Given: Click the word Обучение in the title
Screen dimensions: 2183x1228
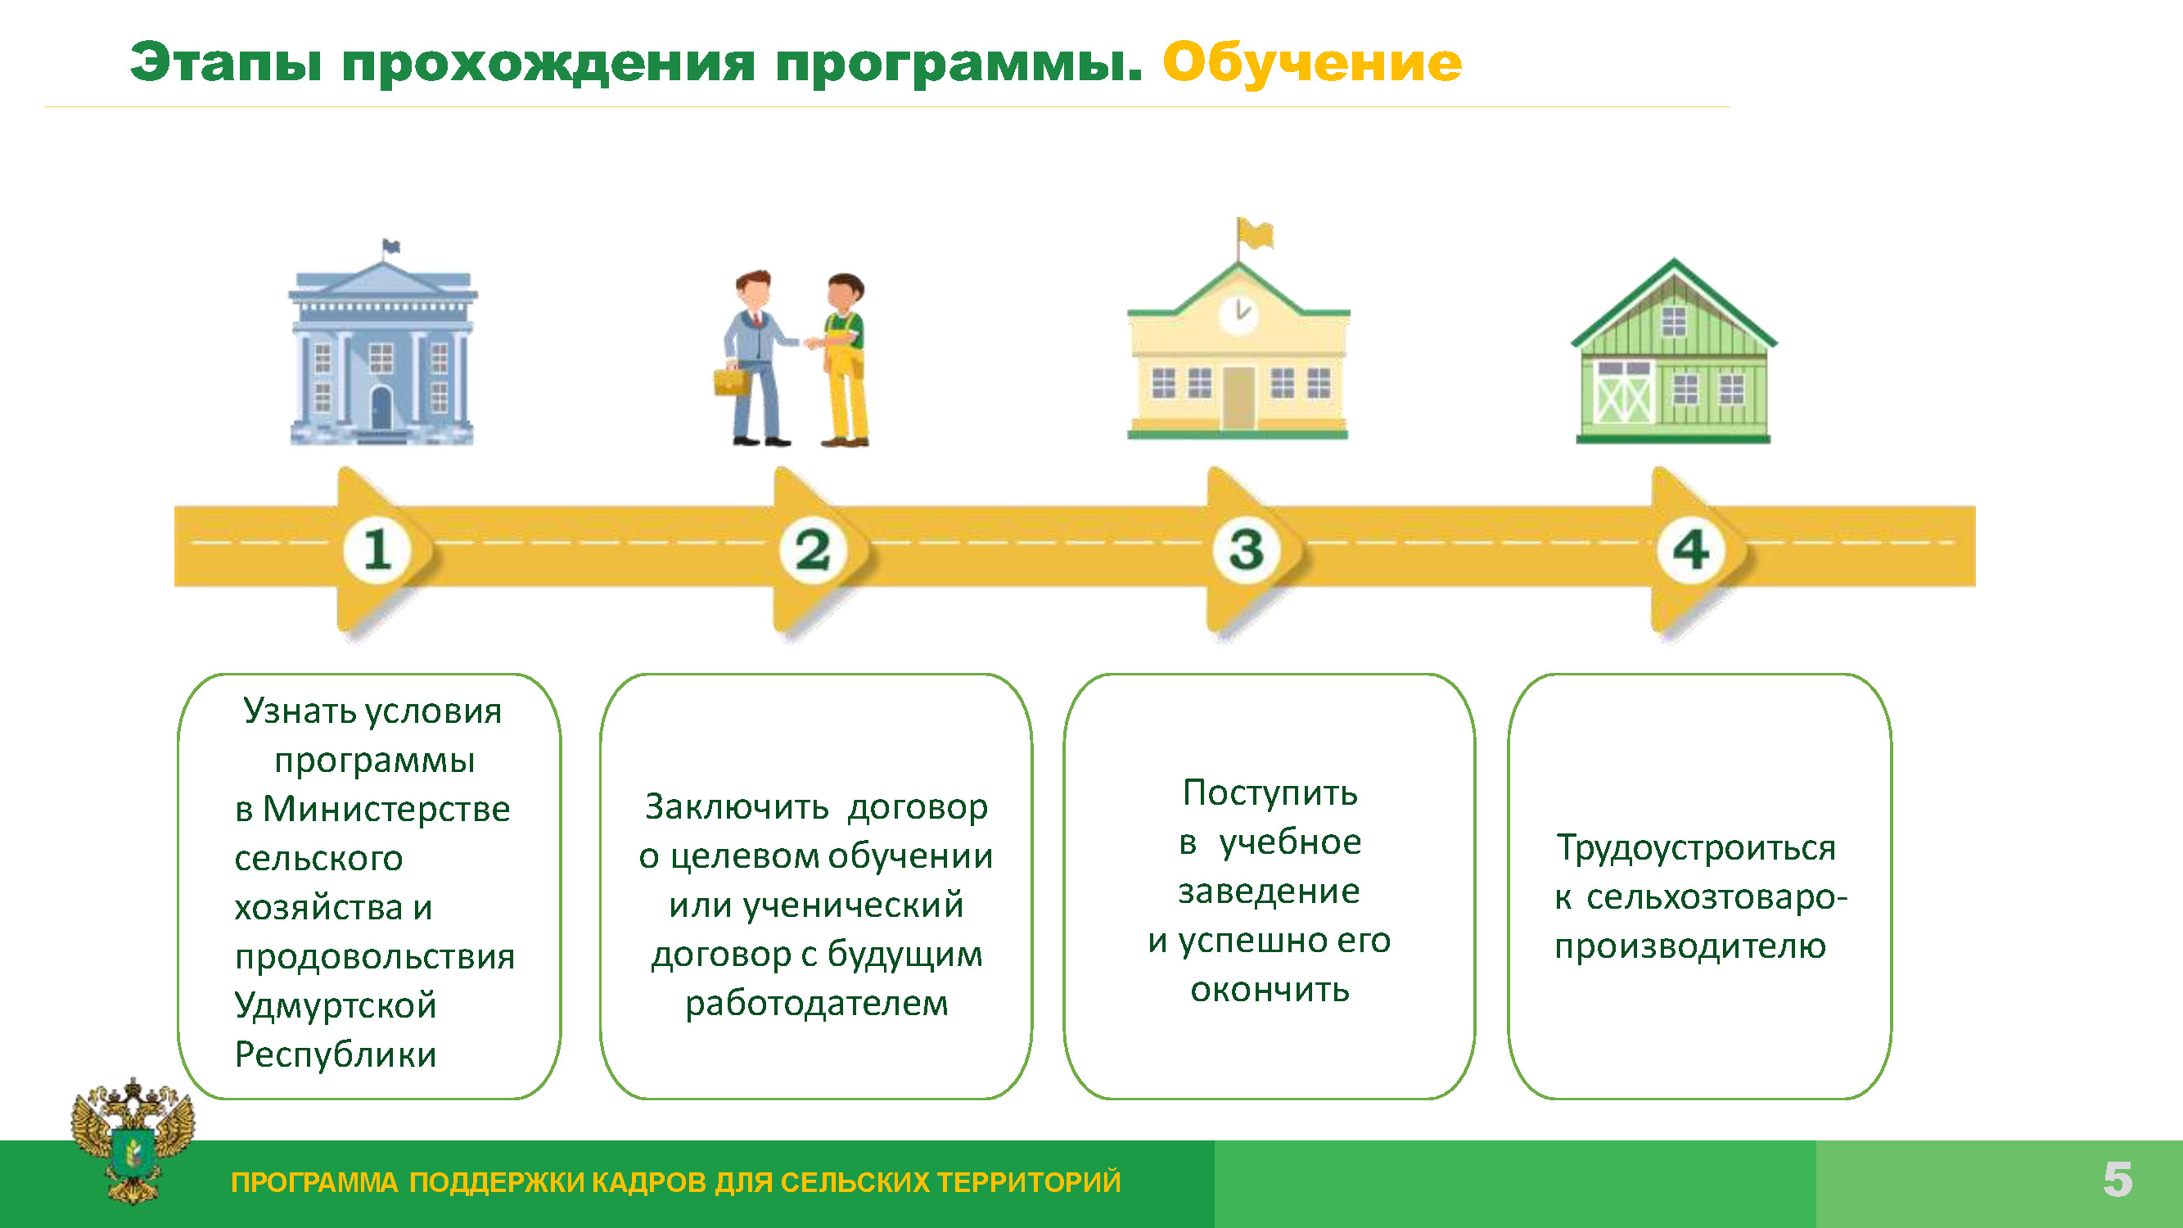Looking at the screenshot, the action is [1312, 64].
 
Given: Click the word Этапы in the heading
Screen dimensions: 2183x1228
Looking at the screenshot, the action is [226, 64].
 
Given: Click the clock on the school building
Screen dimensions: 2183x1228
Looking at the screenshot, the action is [1238, 314].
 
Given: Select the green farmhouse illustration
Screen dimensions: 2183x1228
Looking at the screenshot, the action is [1674, 351].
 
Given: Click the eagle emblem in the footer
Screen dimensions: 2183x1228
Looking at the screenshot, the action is [133, 1140].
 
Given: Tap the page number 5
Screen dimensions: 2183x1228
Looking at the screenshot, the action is [2118, 1180].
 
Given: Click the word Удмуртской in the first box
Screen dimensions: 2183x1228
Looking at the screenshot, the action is [335, 1006].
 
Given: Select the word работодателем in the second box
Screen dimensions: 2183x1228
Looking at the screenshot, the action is [817, 1005].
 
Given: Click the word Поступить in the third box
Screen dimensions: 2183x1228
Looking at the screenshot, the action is [1270, 793].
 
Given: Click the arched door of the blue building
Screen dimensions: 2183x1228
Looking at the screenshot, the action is [381, 408].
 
